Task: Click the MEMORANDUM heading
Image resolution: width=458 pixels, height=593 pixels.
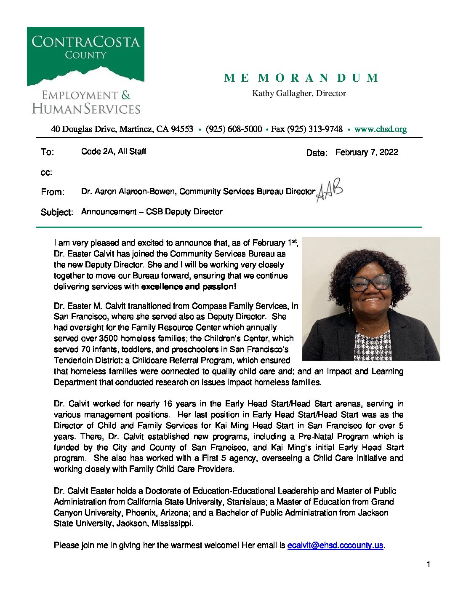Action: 301,78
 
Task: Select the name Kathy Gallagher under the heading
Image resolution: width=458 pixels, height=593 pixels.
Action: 283,93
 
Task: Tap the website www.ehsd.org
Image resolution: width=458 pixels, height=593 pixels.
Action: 380,129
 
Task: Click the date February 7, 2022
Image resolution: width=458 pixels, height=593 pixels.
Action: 366,152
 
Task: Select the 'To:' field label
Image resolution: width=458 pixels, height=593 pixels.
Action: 47,152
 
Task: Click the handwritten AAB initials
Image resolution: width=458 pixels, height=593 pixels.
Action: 329,190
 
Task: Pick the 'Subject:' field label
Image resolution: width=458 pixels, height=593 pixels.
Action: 57,212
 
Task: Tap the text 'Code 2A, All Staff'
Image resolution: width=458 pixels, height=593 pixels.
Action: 113,152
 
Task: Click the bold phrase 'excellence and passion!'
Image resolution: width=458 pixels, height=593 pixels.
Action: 189,287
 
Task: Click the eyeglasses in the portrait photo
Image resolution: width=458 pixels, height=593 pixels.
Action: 370,282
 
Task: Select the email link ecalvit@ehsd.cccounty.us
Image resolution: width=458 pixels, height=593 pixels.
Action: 335,545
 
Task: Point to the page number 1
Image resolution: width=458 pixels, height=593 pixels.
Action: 429,565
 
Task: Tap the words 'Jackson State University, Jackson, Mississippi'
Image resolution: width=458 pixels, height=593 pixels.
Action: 122,524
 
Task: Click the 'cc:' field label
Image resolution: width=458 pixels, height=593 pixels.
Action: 46,173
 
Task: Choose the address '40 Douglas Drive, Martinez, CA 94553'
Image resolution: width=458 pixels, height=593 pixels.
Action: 122,129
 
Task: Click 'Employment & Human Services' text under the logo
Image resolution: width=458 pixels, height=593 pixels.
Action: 86,102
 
